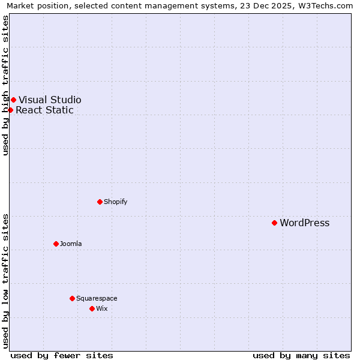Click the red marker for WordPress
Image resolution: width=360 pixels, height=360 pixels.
coord(274,223)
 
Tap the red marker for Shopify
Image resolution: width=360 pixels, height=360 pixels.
coord(100,202)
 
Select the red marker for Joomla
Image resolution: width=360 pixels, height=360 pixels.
coord(56,244)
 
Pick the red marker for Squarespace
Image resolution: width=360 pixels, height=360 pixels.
coord(72,298)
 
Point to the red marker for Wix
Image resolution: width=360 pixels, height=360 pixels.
coord(92,308)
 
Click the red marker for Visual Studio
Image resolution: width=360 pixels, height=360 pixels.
coord(13,100)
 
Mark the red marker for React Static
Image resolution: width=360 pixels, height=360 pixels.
coord(10,110)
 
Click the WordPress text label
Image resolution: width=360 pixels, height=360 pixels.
coord(304,223)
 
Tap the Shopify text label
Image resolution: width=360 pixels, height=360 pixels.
coord(115,202)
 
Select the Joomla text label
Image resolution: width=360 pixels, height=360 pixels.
coord(71,244)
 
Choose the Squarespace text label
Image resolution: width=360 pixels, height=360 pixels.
coord(97,298)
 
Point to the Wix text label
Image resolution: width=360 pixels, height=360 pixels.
coord(101,308)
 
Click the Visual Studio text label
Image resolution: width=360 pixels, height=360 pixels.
coord(50,100)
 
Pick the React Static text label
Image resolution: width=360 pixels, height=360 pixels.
coord(44,110)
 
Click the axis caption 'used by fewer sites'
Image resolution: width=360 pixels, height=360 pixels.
coord(61,355)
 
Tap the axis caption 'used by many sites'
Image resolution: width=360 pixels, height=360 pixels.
coord(301,355)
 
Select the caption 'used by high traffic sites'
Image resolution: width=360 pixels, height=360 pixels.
coord(5,85)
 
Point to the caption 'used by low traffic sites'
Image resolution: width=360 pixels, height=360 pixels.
coord(5,281)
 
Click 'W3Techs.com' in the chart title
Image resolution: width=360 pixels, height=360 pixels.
coord(328,6)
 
